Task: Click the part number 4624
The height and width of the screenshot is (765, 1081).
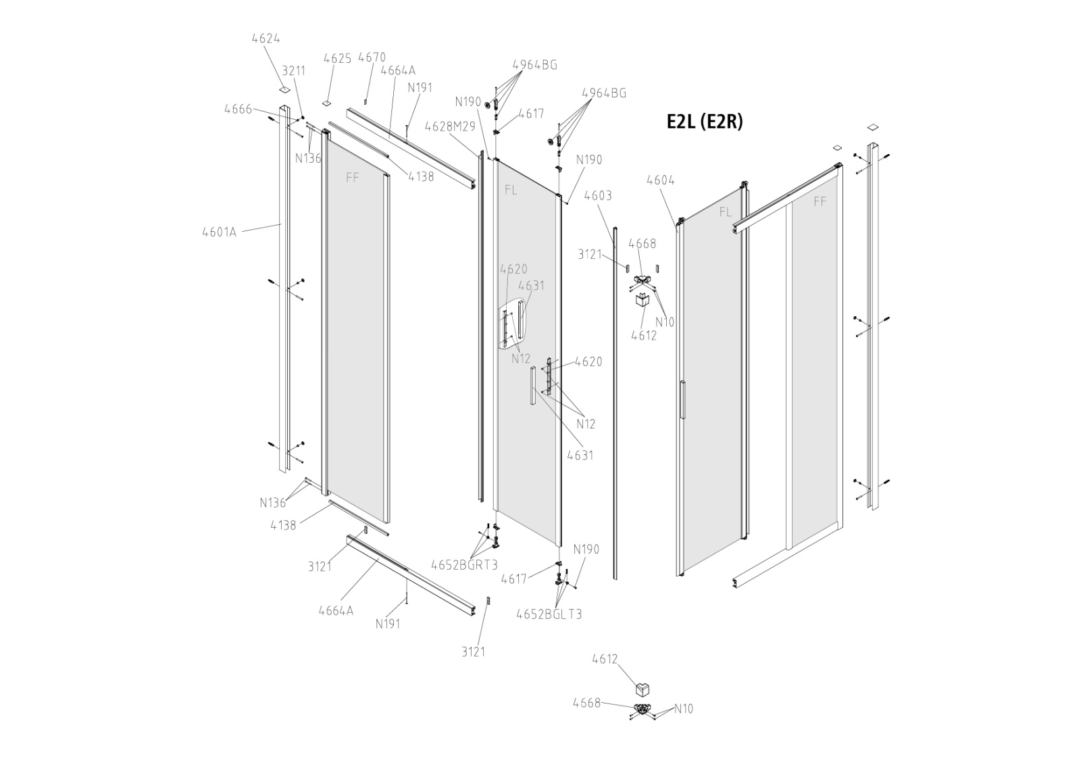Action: (x=266, y=39)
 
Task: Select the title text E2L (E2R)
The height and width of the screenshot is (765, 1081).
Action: (x=704, y=121)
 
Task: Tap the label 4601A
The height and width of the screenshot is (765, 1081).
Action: (x=219, y=232)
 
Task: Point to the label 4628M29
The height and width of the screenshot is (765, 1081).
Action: (x=450, y=126)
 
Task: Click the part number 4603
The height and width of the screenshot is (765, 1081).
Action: (x=598, y=195)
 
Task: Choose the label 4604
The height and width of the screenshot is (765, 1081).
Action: (x=660, y=180)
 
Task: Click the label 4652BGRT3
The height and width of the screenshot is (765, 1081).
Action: (x=463, y=564)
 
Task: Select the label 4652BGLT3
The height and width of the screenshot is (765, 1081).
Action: (x=549, y=614)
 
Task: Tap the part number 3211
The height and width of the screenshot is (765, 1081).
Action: (x=293, y=70)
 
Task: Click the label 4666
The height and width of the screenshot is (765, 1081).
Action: (x=238, y=109)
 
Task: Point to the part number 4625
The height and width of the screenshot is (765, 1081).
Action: (x=337, y=58)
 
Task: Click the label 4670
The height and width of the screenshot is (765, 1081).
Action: (x=372, y=57)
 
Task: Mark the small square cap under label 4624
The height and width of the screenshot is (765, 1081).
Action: (x=284, y=89)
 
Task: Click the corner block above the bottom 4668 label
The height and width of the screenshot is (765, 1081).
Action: (x=643, y=689)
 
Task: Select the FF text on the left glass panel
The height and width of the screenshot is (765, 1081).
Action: (x=352, y=177)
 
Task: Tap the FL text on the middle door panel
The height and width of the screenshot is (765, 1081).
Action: (x=511, y=190)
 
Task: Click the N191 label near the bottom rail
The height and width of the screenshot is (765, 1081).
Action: (x=388, y=623)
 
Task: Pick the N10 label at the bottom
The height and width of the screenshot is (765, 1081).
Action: (x=684, y=708)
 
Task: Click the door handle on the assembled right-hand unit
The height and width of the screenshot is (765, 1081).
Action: (x=682, y=402)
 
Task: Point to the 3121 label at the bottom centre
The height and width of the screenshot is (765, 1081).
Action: (x=473, y=651)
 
